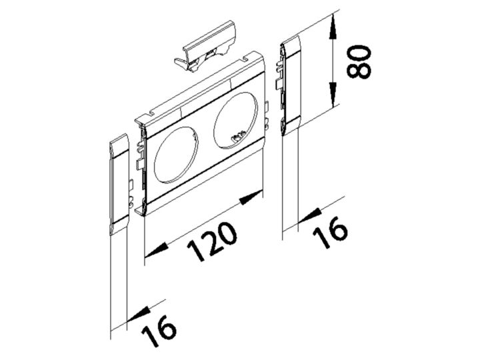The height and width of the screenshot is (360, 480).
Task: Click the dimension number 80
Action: [359, 63]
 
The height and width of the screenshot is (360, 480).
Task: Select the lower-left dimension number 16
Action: [159, 330]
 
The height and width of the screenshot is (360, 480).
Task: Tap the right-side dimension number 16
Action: [330, 232]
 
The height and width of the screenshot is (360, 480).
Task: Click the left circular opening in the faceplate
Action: [176, 157]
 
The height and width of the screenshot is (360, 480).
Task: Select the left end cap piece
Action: [119, 184]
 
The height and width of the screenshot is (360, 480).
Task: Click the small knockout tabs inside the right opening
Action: [239, 137]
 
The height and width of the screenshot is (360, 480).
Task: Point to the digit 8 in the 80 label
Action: [359, 71]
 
